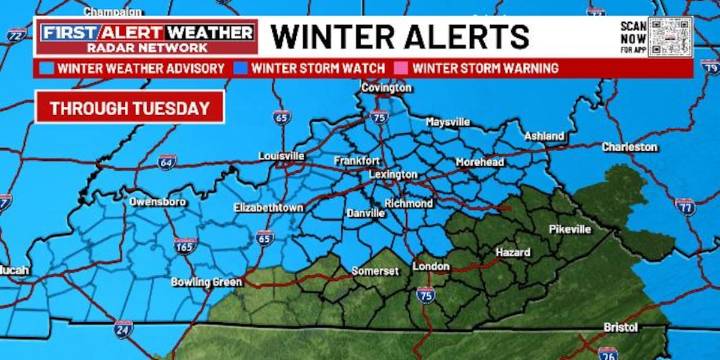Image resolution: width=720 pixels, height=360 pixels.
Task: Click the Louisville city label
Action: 281,156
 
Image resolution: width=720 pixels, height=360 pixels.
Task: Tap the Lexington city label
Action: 393,174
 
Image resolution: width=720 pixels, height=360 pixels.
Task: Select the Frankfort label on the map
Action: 357,160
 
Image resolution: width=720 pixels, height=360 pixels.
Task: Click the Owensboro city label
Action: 157,201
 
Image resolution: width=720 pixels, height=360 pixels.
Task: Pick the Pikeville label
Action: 570,229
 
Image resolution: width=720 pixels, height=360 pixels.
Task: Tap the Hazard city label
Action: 512,252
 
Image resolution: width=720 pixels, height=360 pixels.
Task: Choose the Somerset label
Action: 375,271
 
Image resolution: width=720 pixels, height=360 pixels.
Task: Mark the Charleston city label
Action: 629,147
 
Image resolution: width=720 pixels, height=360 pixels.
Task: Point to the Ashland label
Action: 545,135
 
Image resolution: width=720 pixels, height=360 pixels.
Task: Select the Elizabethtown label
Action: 268,207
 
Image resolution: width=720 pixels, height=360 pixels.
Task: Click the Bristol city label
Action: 620,327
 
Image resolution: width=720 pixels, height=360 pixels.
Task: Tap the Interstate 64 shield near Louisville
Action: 166,161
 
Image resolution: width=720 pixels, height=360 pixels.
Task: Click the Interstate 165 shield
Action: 183,245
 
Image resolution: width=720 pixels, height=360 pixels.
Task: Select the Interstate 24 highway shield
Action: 122,327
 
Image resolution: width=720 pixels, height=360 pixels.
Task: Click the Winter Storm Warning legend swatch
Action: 404,68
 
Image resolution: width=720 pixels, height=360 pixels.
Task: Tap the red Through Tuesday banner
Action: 130,108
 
